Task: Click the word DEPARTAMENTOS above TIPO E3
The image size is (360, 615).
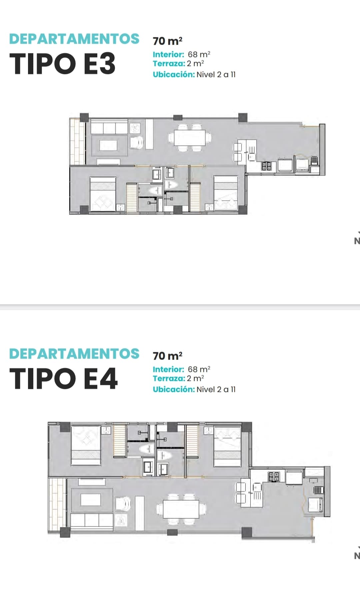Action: (74, 39)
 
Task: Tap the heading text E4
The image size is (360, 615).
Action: (100, 378)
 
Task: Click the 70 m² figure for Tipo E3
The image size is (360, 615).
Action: (167, 41)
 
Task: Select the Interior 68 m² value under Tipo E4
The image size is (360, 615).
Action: (199, 369)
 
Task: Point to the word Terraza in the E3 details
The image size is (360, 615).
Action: (169, 63)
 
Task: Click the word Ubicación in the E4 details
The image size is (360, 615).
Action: (174, 389)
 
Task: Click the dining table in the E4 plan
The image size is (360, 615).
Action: (181, 509)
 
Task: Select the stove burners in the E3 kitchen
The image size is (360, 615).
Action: (266, 166)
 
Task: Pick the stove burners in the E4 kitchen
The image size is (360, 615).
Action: (274, 477)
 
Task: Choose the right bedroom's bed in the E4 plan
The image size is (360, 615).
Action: (227, 446)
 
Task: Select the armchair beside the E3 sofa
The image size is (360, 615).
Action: (136, 143)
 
